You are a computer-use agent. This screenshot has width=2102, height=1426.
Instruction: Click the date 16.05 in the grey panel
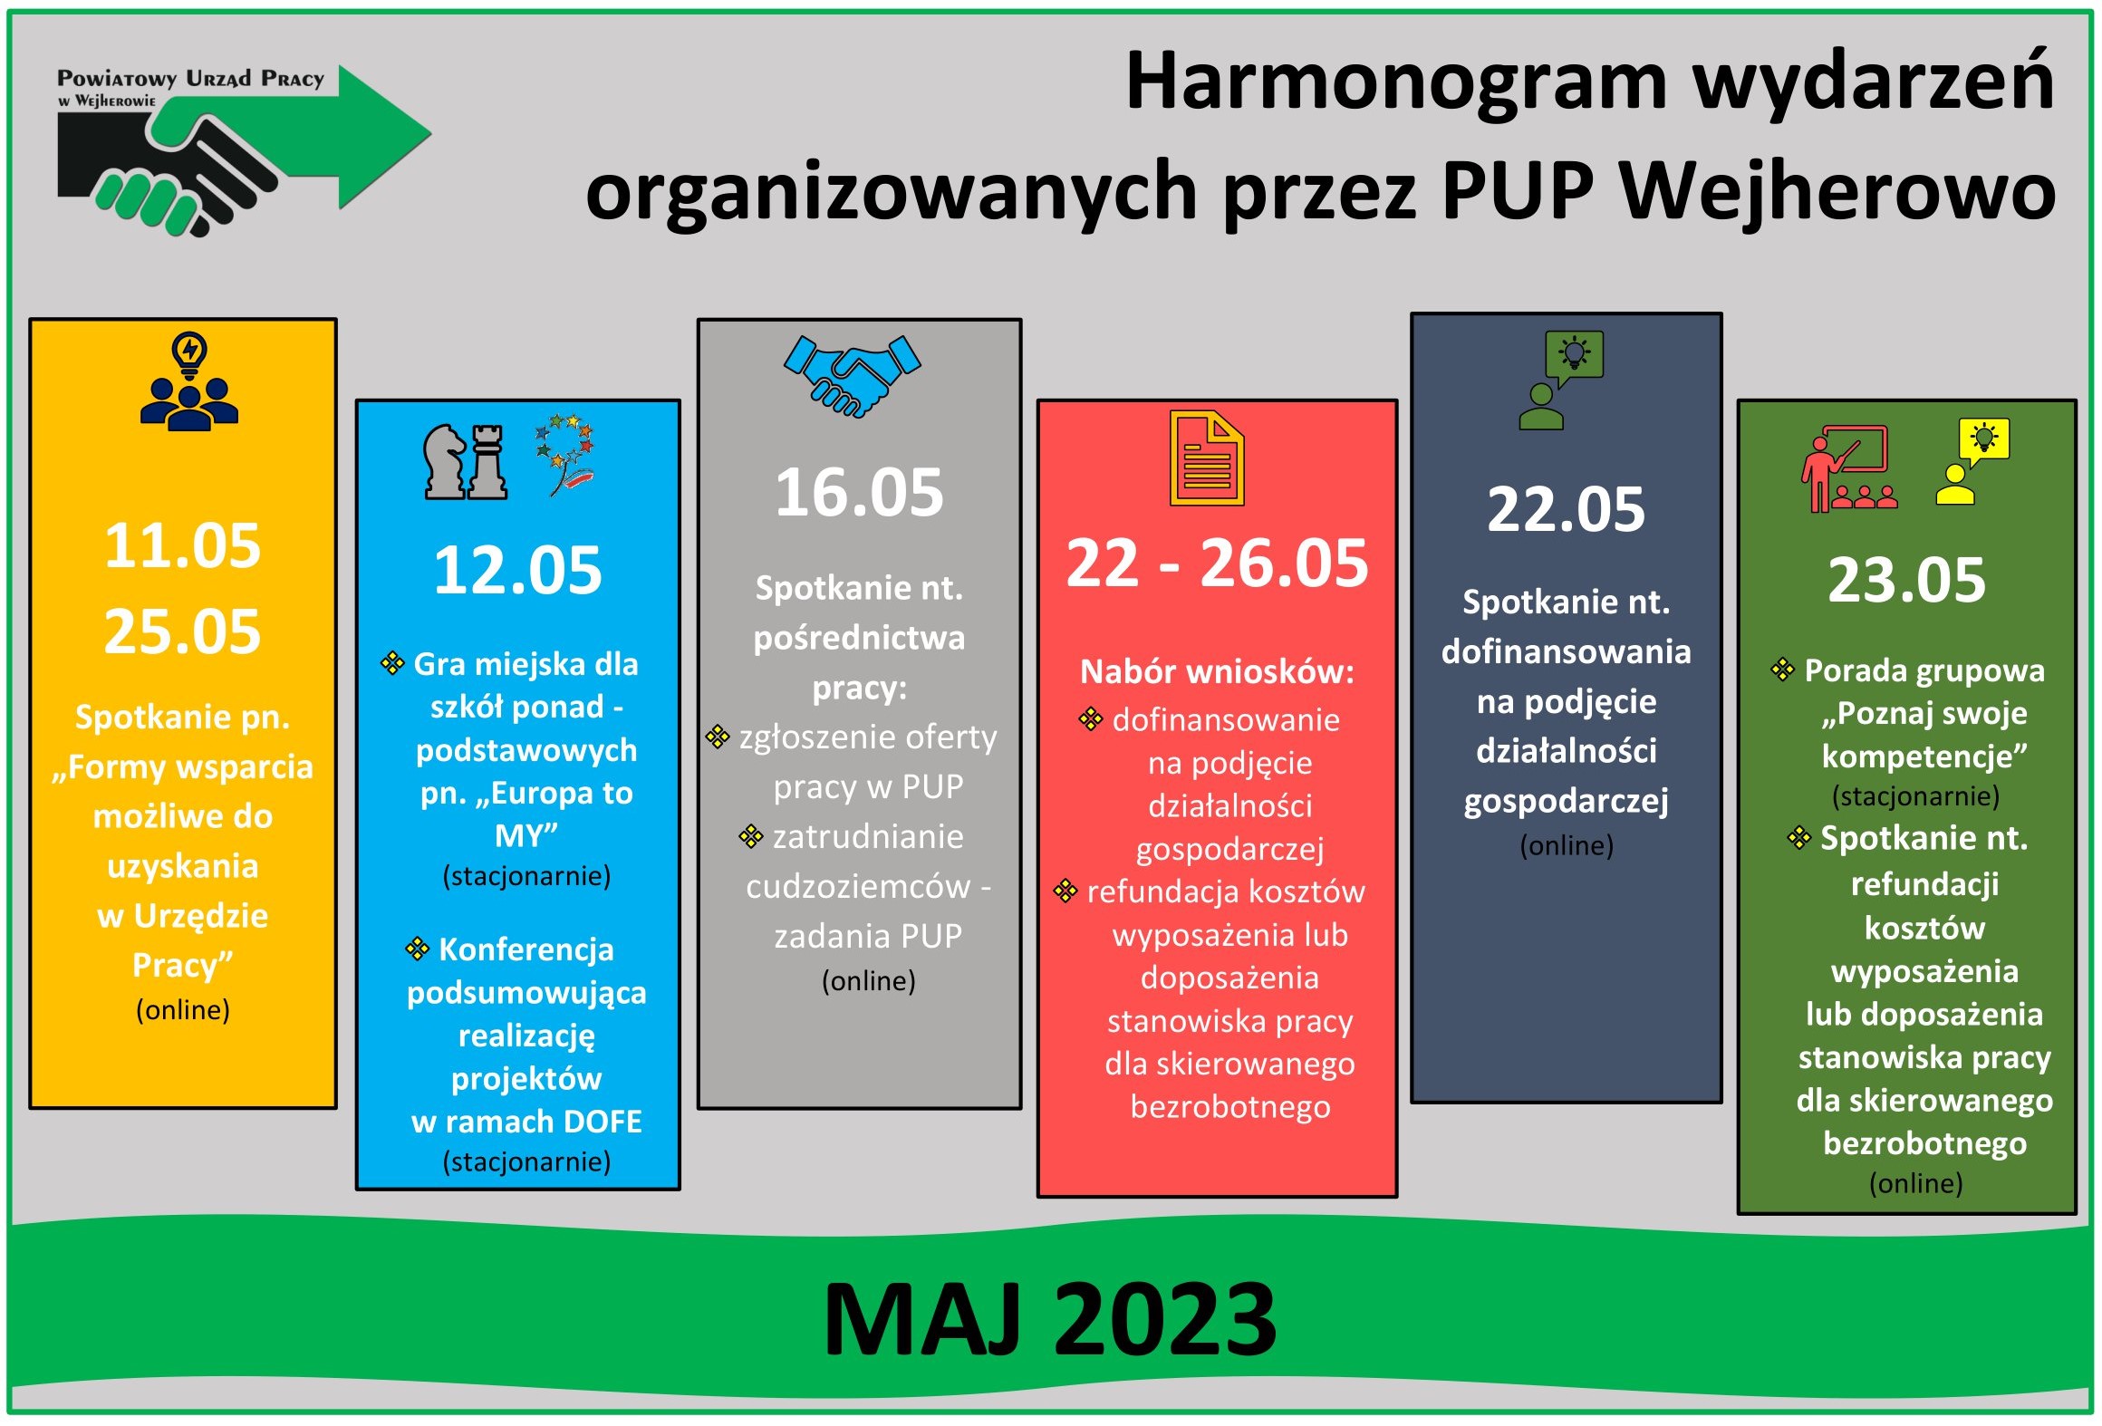coord(860,493)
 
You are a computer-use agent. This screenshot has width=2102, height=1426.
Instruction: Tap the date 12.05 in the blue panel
coord(517,570)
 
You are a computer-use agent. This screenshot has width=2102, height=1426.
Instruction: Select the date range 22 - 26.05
coord(1217,563)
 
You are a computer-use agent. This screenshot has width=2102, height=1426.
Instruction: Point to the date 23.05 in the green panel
coord(1906,579)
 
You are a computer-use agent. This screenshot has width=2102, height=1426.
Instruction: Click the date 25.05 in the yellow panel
coord(183,631)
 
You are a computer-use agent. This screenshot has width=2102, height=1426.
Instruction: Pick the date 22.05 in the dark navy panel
coord(1566,508)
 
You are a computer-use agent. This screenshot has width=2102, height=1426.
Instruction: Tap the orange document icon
coord(1207,458)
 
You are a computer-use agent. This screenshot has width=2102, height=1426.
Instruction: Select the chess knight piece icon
coord(445,462)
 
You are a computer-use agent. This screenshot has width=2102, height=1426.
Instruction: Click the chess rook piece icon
coord(488,462)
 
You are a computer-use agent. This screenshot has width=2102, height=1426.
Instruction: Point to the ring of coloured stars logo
coord(564,455)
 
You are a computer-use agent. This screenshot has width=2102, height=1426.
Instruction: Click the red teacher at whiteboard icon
coord(1848,468)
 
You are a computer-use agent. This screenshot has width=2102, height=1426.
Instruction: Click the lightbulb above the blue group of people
coord(189,355)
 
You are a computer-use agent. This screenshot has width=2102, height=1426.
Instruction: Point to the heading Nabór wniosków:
coord(1217,671)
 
